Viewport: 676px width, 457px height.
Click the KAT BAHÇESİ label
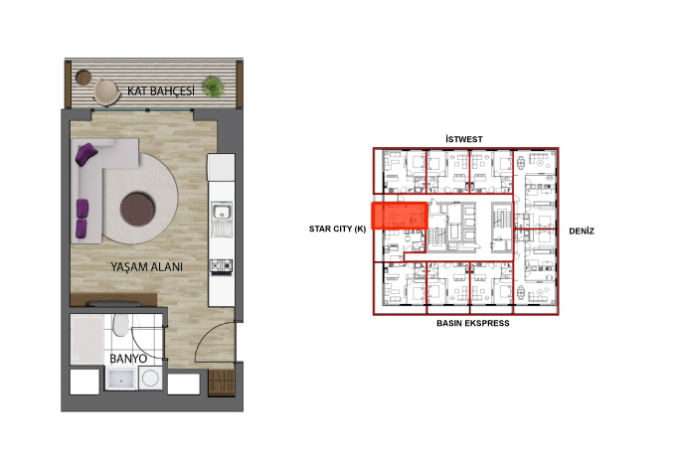(x=161, y=90)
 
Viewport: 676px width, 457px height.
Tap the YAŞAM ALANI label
(x=146, y=267)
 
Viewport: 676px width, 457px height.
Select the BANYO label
(x=128, y=359)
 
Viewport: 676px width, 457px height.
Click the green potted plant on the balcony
(x=213, y=87)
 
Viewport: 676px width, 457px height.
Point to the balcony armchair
(x=106, y=91)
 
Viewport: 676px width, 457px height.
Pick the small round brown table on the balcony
(x=84, y=77)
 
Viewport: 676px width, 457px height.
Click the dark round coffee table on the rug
(x=137, y=209)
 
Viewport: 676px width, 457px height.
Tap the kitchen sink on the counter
(x=222, y=212)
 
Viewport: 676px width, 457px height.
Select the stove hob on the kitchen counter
(x=221, y=266)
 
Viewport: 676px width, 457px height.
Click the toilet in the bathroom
(x=120, y=325)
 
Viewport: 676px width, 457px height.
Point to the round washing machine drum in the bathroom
(x=150, y=379)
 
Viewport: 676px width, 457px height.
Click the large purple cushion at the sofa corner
(x=86, y=154)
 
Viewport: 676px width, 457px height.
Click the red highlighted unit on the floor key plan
(x=400, y=216)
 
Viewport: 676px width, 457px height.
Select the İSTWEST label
(x=464, y=139)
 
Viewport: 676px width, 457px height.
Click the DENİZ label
(x=582, y=230)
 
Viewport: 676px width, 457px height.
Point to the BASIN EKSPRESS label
(x=473, y=323)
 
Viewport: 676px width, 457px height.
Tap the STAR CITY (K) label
(x=338, y=228)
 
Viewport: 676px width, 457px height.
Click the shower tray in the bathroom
(x=87, y=340)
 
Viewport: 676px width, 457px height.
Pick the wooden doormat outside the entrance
(x=222, y=381)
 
